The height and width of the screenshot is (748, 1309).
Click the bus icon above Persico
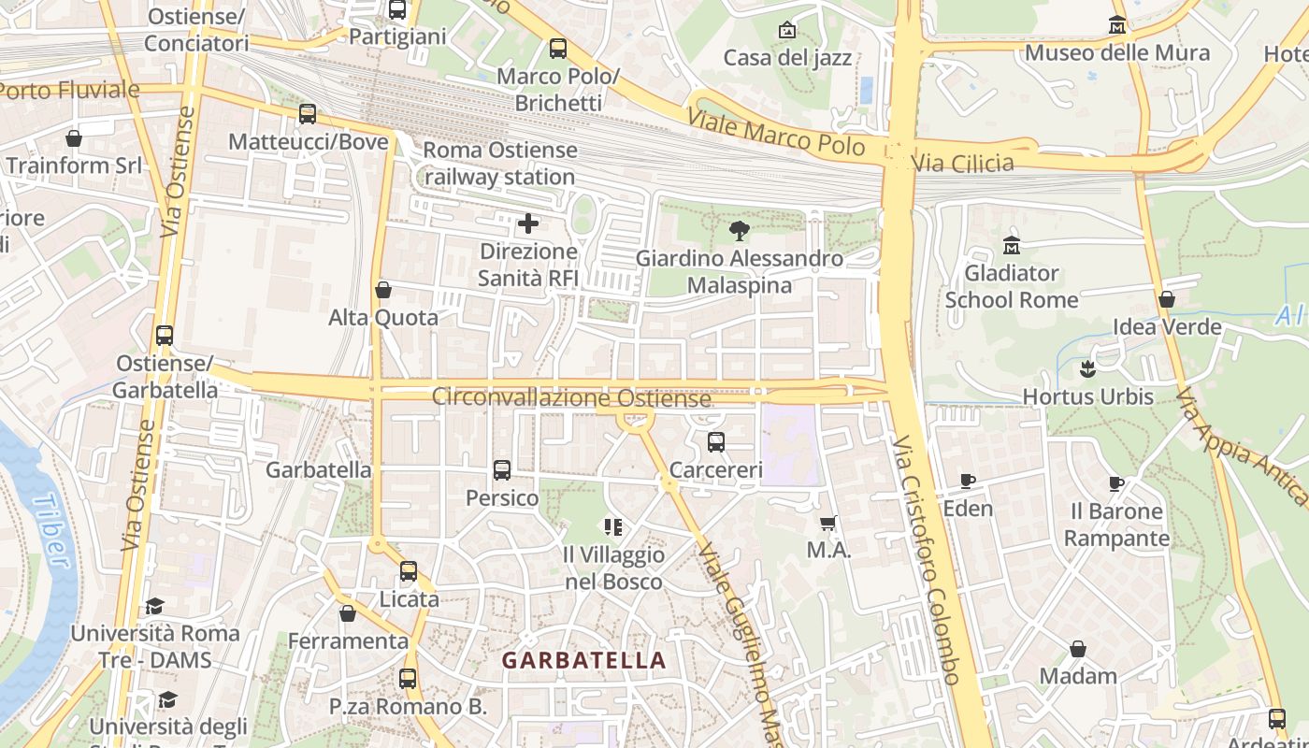click(502, 469)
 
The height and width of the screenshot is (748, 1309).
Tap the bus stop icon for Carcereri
click(716, 441)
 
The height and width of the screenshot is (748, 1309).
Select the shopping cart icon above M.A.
click(827, 523)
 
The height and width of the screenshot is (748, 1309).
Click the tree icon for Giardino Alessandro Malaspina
click(739, 230)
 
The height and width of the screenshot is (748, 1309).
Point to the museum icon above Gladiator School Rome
click(1011, 246)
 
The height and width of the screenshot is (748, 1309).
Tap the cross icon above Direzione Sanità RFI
click(528, 223)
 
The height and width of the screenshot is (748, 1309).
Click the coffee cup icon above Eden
click(968, 482)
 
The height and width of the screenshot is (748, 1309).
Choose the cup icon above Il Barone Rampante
click(1116, 483)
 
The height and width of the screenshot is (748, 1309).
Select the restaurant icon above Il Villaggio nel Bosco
click(613, 527)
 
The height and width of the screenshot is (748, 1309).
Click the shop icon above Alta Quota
click(383, 290)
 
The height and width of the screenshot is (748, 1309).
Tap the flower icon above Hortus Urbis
click(1086, 369)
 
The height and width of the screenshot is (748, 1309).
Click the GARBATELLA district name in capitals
click(584, 660)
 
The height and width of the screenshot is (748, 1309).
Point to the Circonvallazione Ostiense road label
click(571, 397)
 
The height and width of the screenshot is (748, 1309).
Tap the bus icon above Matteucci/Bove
click(308, 114)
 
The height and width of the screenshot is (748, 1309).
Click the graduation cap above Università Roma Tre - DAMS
click(155, 606)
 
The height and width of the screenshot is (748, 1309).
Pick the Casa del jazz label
click(787, 58)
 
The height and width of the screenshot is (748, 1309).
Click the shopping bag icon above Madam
click(1078, 648)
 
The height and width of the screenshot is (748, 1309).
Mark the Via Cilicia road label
click(962, 164)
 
